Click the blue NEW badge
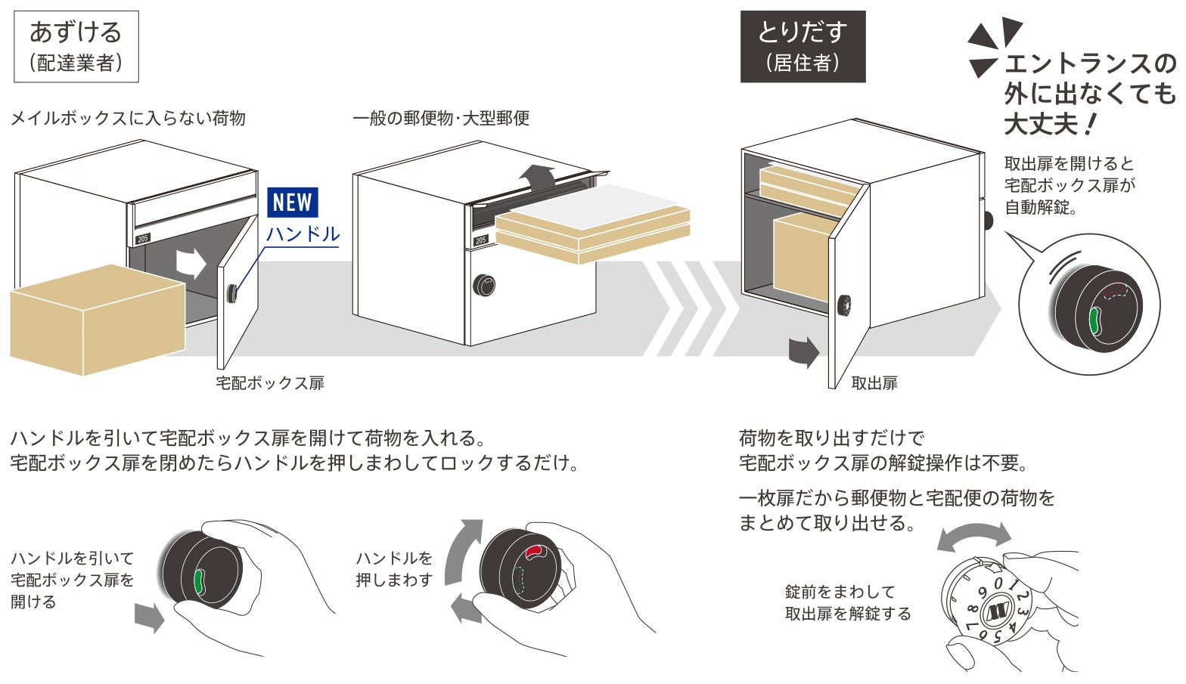click(x=293, y=203)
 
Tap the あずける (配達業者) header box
click(x=76, y=46)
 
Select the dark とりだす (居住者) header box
click(x=802, y=46)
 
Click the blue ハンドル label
click(x=303, y=234)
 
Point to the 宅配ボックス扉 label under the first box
click(x=270, y=383)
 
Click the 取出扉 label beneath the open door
click(x=874, y=383)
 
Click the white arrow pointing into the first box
click(x=191, y=262)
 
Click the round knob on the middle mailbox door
click(x=485, y=285)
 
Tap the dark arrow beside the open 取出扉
click(x=804, y=351)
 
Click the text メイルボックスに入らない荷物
click(x=128, y=119)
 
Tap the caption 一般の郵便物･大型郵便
click(x=441, y=119)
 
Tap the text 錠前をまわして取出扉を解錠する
click(x=848, y=602)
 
